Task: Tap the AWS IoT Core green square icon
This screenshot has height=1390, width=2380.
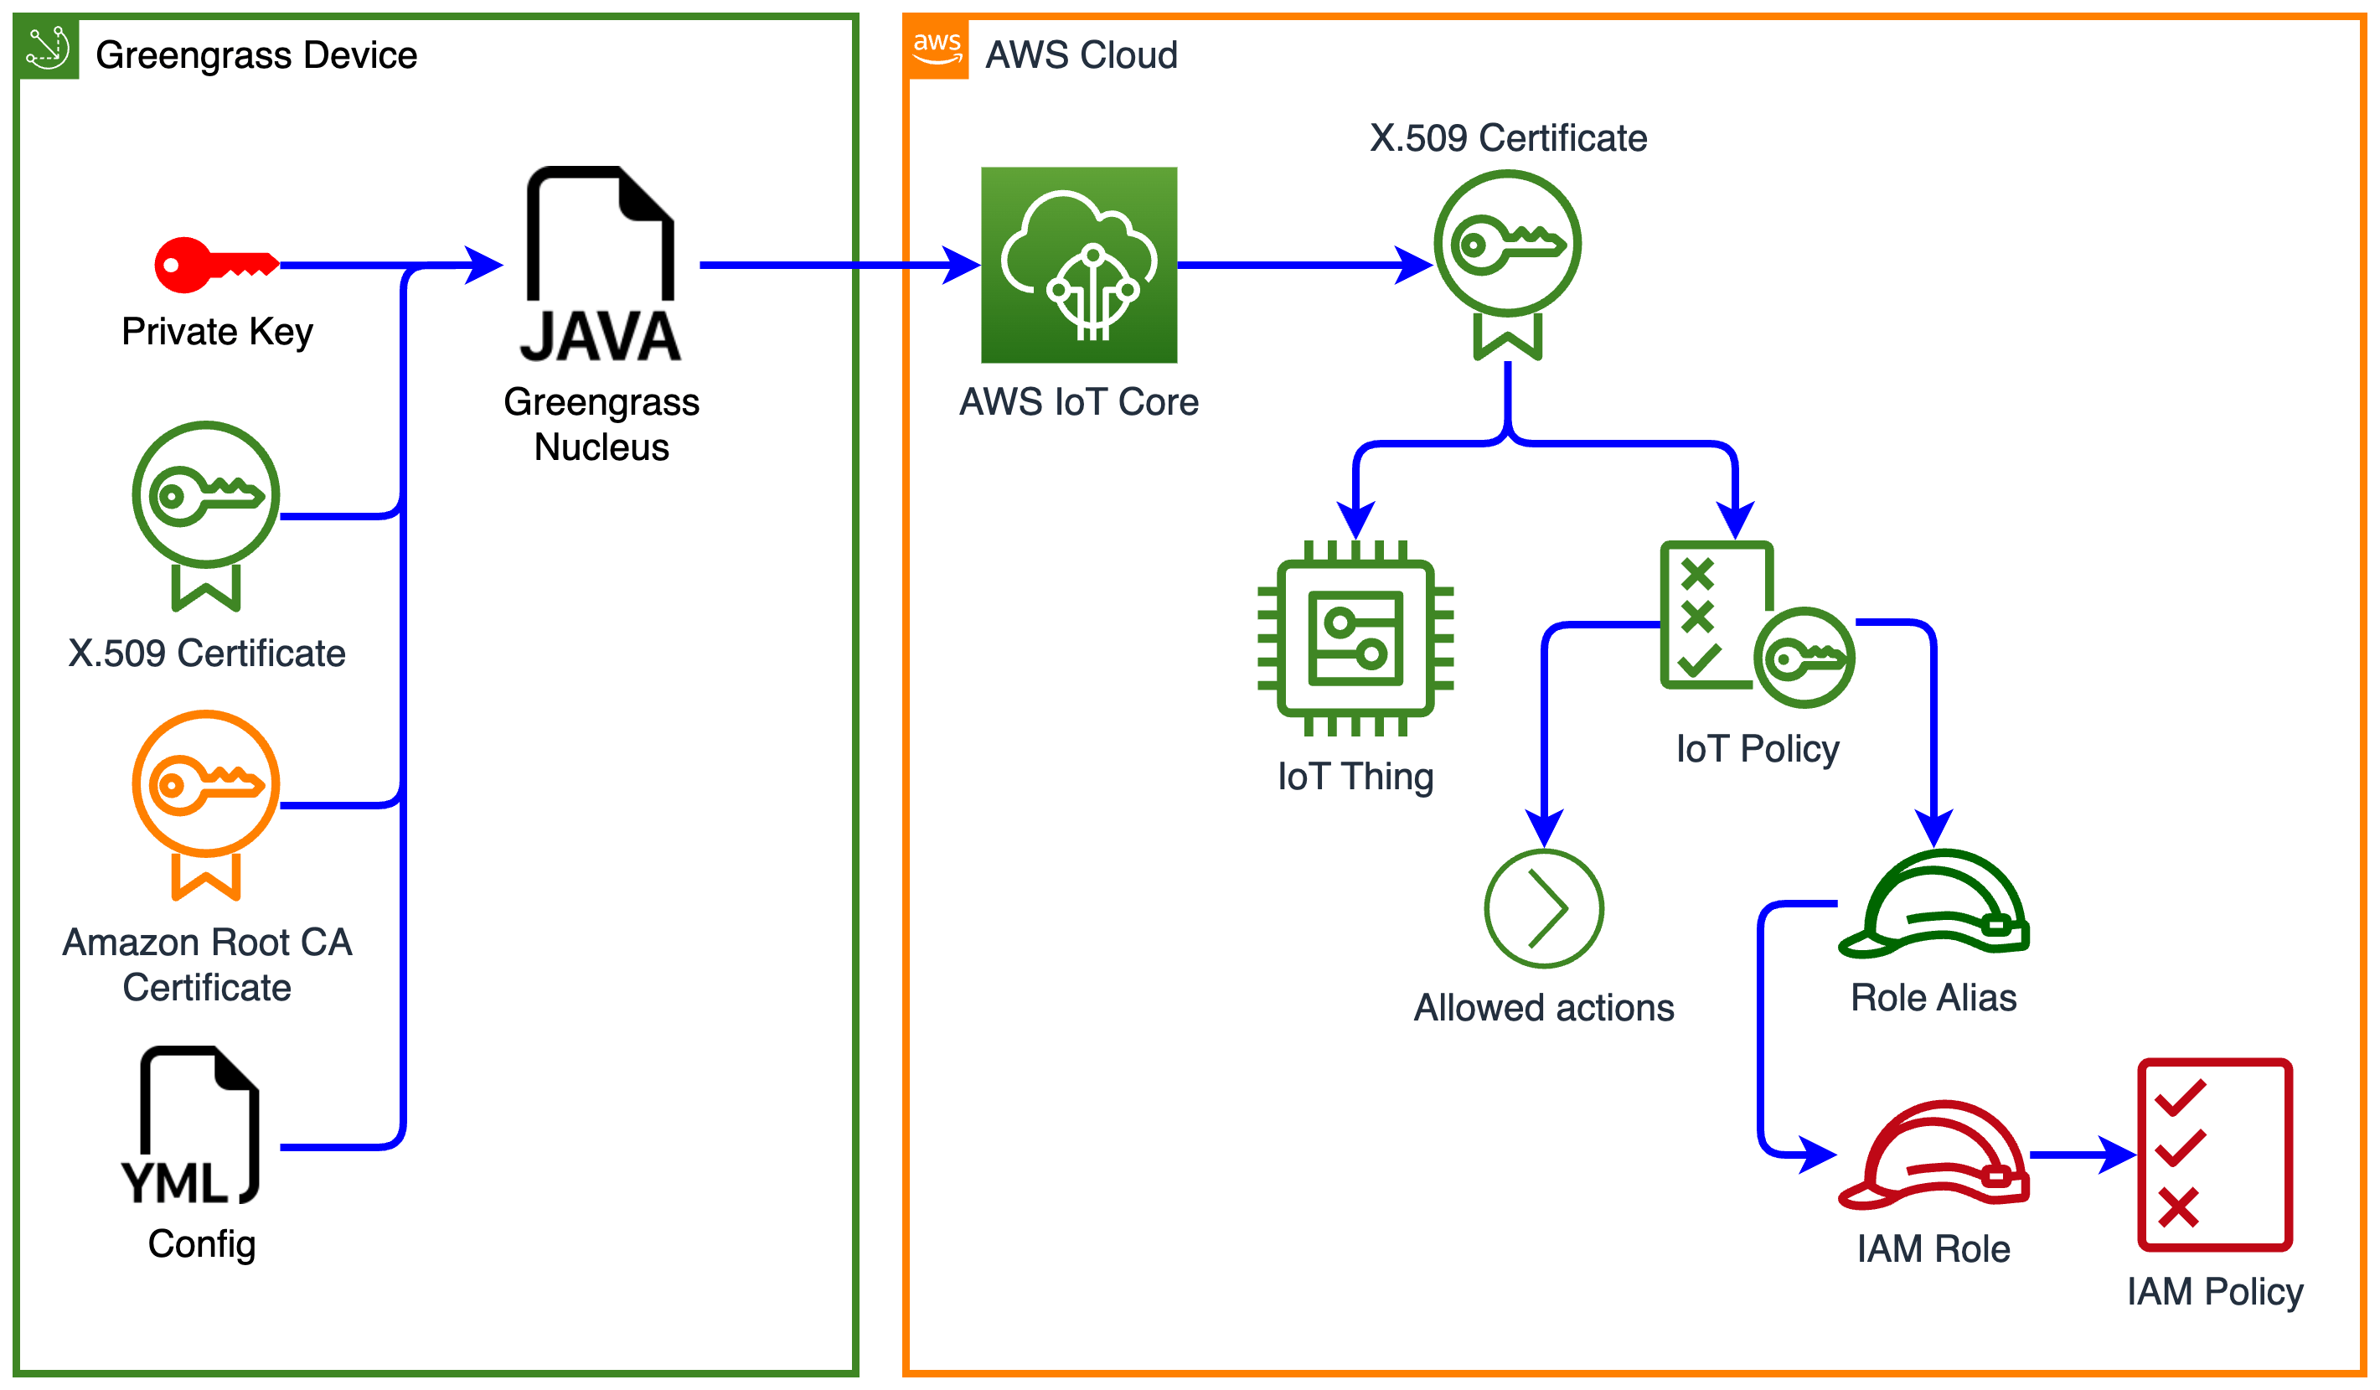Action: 1078,266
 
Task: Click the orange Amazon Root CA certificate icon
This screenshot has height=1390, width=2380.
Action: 206,803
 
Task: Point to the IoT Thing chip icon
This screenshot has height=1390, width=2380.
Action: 1355,638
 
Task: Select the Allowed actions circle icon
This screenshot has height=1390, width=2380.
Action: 1543,908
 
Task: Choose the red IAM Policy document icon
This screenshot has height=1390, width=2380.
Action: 2215,1154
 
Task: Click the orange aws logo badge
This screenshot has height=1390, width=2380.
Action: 937,47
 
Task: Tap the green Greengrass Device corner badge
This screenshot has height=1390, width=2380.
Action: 47,47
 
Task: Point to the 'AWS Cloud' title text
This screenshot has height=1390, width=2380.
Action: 1082,54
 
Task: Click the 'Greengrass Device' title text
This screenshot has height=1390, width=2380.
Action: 256,54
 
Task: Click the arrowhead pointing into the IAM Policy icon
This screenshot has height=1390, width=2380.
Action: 2118,1154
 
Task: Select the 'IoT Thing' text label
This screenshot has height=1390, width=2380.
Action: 1355,776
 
